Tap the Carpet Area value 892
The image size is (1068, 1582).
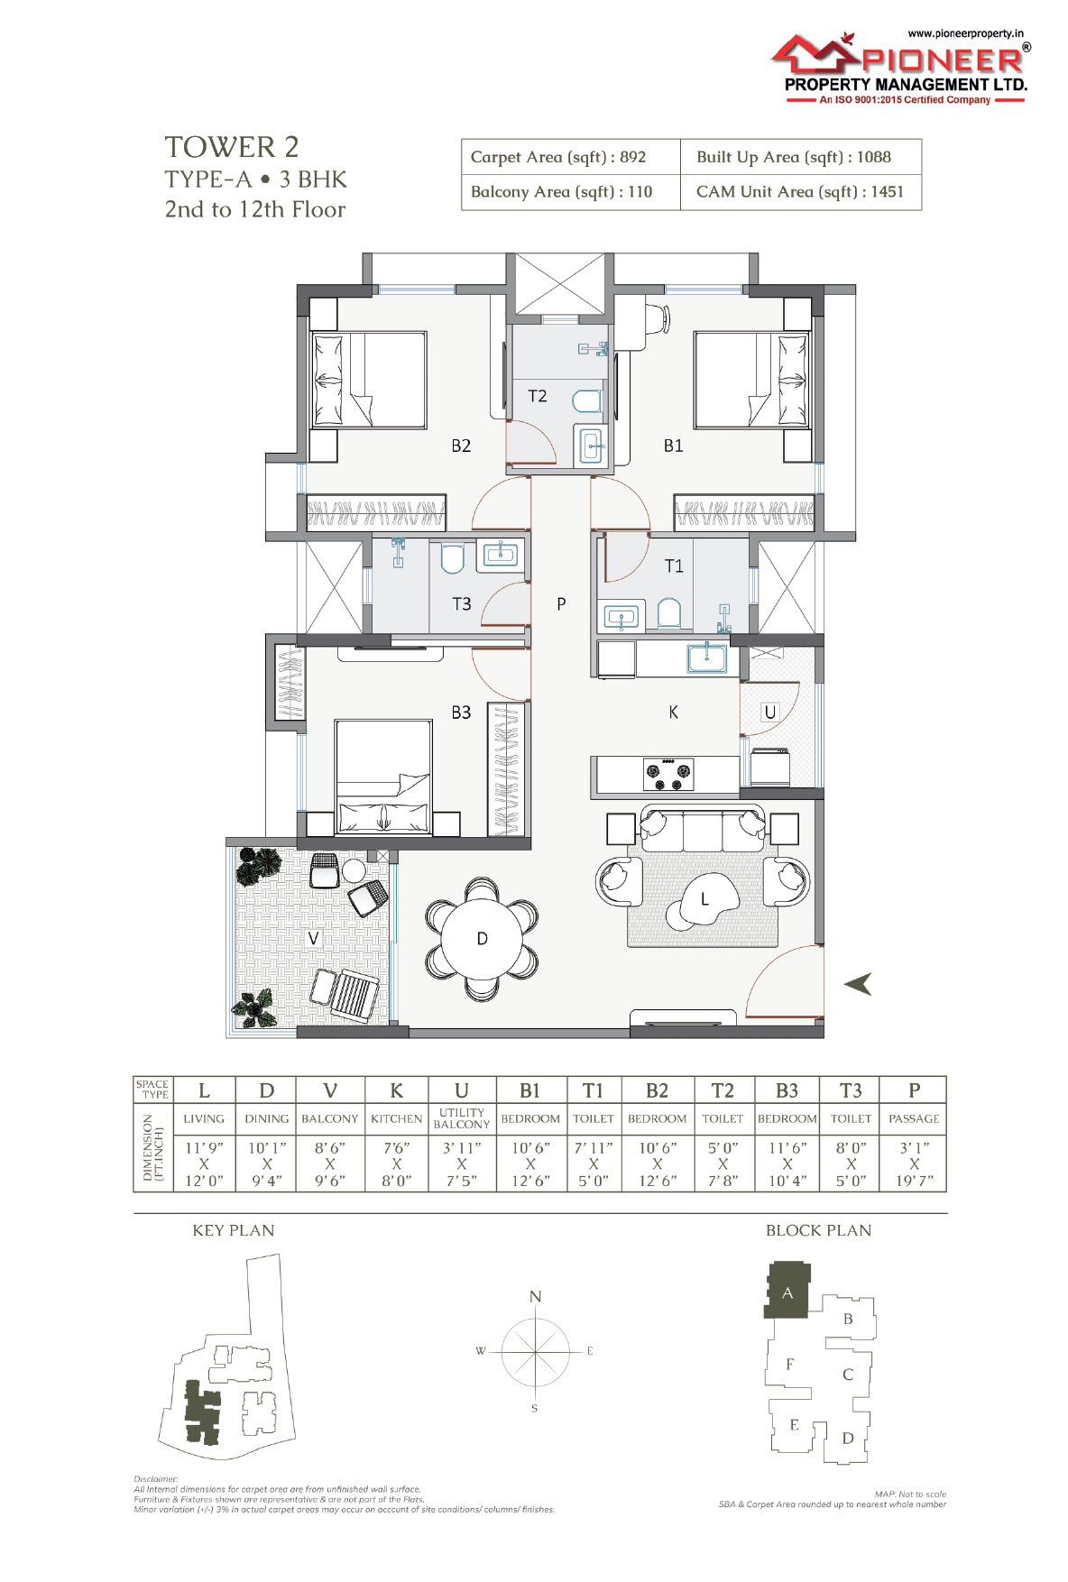(x=632, y=157)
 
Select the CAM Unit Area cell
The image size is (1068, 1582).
(x=800, y=192)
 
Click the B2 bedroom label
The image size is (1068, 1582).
(x=461, y=446)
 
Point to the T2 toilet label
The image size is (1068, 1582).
(x=538, y=396)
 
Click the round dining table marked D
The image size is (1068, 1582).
(x=482, y=939)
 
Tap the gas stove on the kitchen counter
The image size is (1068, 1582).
(x=668, y=774)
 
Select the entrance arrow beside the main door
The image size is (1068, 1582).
(x=858, y=983)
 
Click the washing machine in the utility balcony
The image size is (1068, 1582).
(x=771, y=766)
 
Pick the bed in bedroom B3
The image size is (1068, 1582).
(x=382, y=777)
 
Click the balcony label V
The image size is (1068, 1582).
(x=314, y=939)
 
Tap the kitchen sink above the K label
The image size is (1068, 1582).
(x=707, y=658)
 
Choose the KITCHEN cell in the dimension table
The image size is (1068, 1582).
(x=396, y=1118)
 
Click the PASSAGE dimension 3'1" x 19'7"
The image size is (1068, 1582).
(x=915, y=1164)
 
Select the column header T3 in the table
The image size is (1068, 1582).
(x=851, y=1090)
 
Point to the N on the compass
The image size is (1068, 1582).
(x=535, y=1297)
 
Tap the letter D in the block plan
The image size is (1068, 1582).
(x=848, y=1438)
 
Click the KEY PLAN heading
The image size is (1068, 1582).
(x=234, y=1230)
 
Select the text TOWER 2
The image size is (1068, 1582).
(x=232, y=147)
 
